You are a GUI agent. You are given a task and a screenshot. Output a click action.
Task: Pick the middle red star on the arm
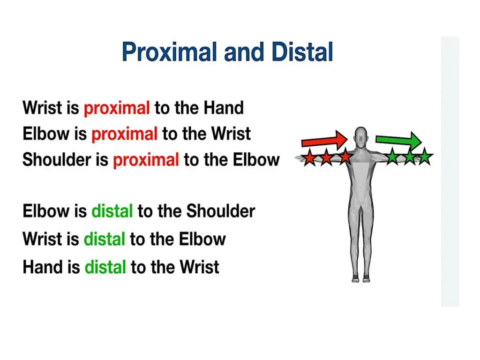click(327, 158)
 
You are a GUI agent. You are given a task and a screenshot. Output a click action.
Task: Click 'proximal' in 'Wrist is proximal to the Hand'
click(117, 108)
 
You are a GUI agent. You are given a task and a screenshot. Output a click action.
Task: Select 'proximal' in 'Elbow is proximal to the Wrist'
click(124, 134)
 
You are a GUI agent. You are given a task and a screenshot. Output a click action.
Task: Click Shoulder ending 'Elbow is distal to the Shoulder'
click(221, 211)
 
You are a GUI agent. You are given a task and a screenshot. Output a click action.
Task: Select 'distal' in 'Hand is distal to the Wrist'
click(105, 267)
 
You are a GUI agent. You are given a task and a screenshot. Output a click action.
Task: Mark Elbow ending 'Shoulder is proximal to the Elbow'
click(257, 160)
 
